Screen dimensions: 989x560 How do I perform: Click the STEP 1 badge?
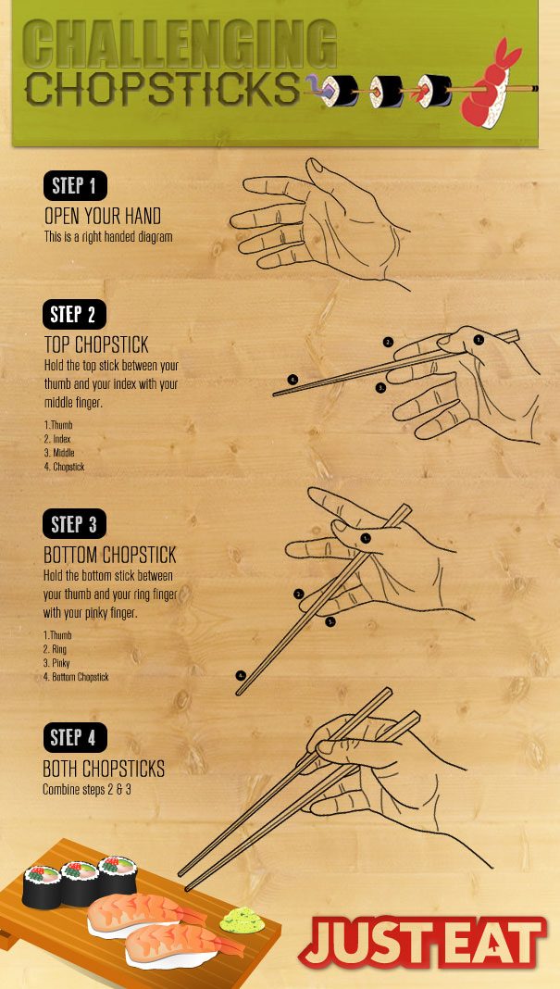(x=75, y=186)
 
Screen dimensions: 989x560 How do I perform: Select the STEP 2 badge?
(x=75, y=315)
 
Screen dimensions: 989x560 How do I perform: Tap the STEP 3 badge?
(x=75, y=525)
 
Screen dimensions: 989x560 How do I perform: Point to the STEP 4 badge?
(x=75, y=738)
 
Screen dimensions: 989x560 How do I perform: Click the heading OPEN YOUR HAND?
(x=103, y=217)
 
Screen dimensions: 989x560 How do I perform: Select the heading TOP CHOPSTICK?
(x=96, y=345)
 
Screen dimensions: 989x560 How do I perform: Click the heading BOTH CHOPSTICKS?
(x=104, y=770)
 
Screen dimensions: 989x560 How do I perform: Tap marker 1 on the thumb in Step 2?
(x=479, y=340)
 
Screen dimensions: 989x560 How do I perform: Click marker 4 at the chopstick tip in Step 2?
(x=292, y=379)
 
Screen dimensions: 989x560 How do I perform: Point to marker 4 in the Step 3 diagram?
(x=242, y=676)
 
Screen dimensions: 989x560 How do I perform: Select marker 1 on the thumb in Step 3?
(x=366, y=537)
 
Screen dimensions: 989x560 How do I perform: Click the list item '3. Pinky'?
(x=57, y=664)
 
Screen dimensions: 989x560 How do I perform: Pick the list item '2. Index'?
(x=57, y=439)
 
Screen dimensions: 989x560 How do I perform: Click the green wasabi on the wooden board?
(x=242, y=920)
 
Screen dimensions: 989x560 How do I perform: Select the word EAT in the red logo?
(x=491, y=943)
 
